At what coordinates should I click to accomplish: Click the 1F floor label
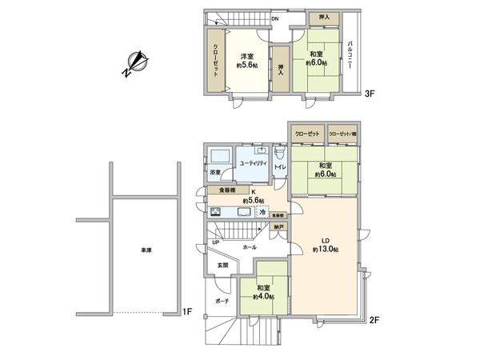pyautogui.click(x=186, y=311)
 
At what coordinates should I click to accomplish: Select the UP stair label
pyautogui.click(x=216, y=242)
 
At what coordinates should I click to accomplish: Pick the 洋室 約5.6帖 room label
pyautogui.click(x=246, y=62)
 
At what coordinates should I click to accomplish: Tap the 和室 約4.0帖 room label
pyautogui.click(x=262, y=293)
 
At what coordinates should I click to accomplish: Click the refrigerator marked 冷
pyautogui.click(x=262, y=211)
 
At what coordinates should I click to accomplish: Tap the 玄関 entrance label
pyautogui.click(x=223, y=265)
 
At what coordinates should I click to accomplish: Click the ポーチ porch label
pyautogui.click(x=222, y=302)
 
